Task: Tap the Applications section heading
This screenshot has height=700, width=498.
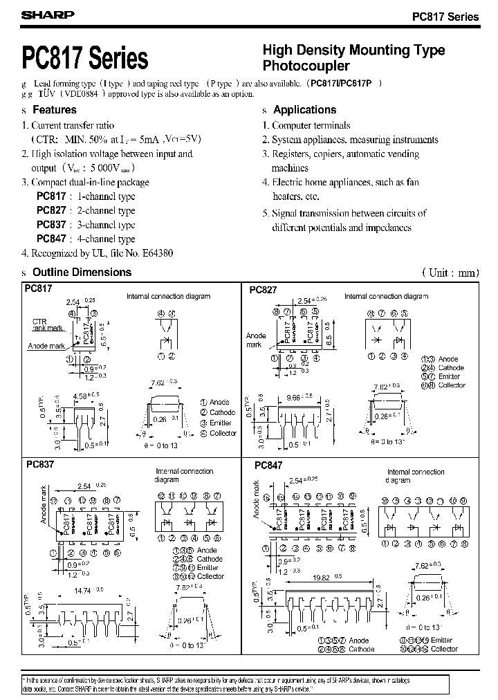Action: click(x=304, y=110)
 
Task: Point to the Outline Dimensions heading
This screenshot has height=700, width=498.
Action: click(x=82, y=273)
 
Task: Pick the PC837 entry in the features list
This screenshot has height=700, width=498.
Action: click(x=51, y=225)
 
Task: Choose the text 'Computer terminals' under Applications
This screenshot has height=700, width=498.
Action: click(x=311, y=126)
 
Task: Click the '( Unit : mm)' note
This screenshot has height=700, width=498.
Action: click(x=450, y=273)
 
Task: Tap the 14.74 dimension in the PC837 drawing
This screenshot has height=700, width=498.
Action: click(x=84, y=589)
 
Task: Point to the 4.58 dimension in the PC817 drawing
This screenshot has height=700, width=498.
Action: click(x=84, y=396)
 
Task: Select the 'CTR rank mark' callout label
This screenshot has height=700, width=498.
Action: click(x=47, y=326)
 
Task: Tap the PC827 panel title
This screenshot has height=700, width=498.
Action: click(x=263, y=291)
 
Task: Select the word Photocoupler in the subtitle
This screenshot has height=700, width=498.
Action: click(x=306, y=66)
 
